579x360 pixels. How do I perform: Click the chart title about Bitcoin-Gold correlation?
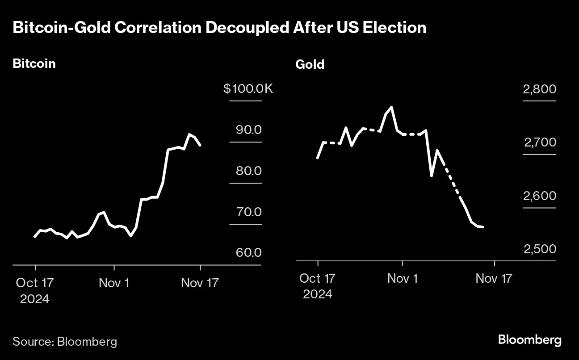[x=219, y=28]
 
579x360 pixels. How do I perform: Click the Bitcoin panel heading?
[x=34, y=63]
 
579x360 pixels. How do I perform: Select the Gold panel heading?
[x=310, y=65]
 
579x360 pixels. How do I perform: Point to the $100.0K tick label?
[x=248, y=89]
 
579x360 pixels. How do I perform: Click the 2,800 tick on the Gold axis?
[x=539, y=89]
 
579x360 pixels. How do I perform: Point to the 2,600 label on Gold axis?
[x=540, y=196]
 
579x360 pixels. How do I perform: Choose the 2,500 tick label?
[x=540, y=249]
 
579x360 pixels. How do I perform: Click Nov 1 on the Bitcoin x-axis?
[x=114, y=283]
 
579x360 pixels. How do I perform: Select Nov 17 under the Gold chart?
[x=493, y=279]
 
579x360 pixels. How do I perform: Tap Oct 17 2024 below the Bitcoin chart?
[x=35, y=290]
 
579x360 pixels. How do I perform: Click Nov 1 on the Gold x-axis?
[x=402, y=279]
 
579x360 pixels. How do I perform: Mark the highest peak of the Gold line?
[x=391, y=107]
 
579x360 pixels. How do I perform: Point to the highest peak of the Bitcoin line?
[x=189, y=134]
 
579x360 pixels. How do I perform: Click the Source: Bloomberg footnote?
[x=65, y=342]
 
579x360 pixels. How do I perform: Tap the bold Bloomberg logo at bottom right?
[x=529, y=340]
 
